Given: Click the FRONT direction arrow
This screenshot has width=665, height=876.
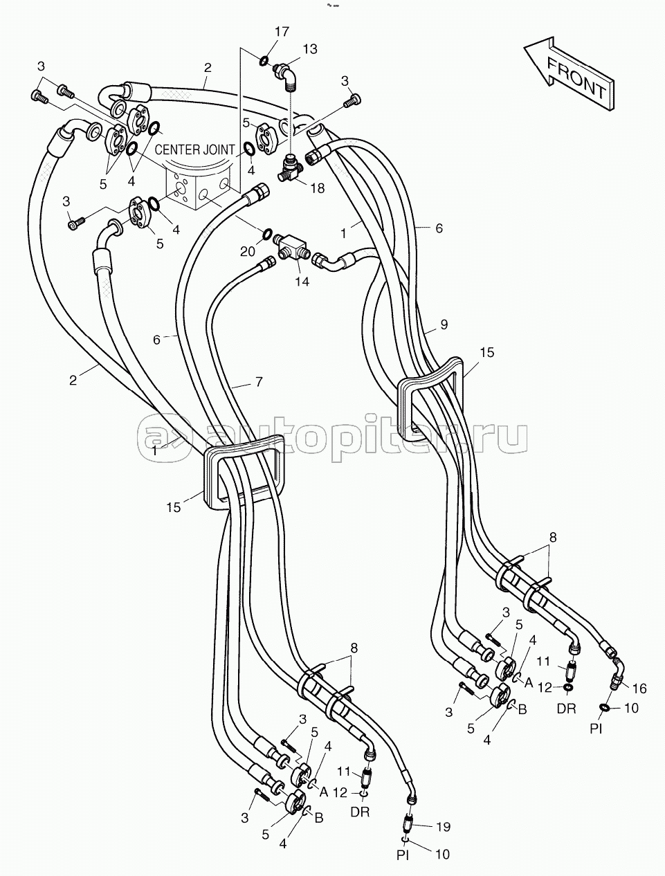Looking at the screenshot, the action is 570,75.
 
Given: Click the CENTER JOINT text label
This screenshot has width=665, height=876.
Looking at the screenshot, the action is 194,150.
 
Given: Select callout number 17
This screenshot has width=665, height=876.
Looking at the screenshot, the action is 282,32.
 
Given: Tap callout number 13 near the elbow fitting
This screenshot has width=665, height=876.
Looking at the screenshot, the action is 309,48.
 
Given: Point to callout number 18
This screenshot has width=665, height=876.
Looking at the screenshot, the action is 318,188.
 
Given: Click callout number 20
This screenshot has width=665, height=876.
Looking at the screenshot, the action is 247,251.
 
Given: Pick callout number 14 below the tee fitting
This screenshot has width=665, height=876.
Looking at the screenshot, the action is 302,282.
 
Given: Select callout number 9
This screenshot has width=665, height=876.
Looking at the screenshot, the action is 444,325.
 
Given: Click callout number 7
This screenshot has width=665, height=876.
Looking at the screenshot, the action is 259,382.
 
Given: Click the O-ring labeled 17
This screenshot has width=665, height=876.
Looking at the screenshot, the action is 264,61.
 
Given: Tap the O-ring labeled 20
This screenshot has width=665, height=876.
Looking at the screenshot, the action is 268,233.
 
